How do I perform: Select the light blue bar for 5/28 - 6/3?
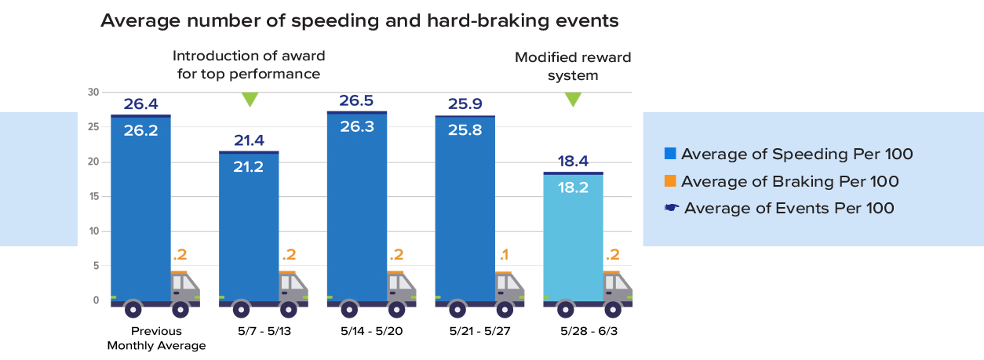[x=573, y=235]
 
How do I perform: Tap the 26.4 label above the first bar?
[x=140, y=104]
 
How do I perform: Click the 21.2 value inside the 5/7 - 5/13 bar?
[x=249, y=165]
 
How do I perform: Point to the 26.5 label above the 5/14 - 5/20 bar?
[x=356, y=101]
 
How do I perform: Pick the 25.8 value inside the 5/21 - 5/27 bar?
[x=465, y=129]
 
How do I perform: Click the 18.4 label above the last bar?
[x=573, y=161]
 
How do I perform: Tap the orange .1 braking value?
[x=503, y=254]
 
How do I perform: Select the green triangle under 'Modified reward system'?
[x=573, y=100]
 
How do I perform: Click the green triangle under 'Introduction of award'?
[x=250, y=100]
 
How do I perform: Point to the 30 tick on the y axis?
[x=93, y=93]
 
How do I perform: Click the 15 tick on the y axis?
[x=93, y=196]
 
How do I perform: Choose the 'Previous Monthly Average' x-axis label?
[x=156, y=338]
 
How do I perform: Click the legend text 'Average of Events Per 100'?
[x=789, y=208]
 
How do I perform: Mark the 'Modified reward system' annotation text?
[x=573, y=67]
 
